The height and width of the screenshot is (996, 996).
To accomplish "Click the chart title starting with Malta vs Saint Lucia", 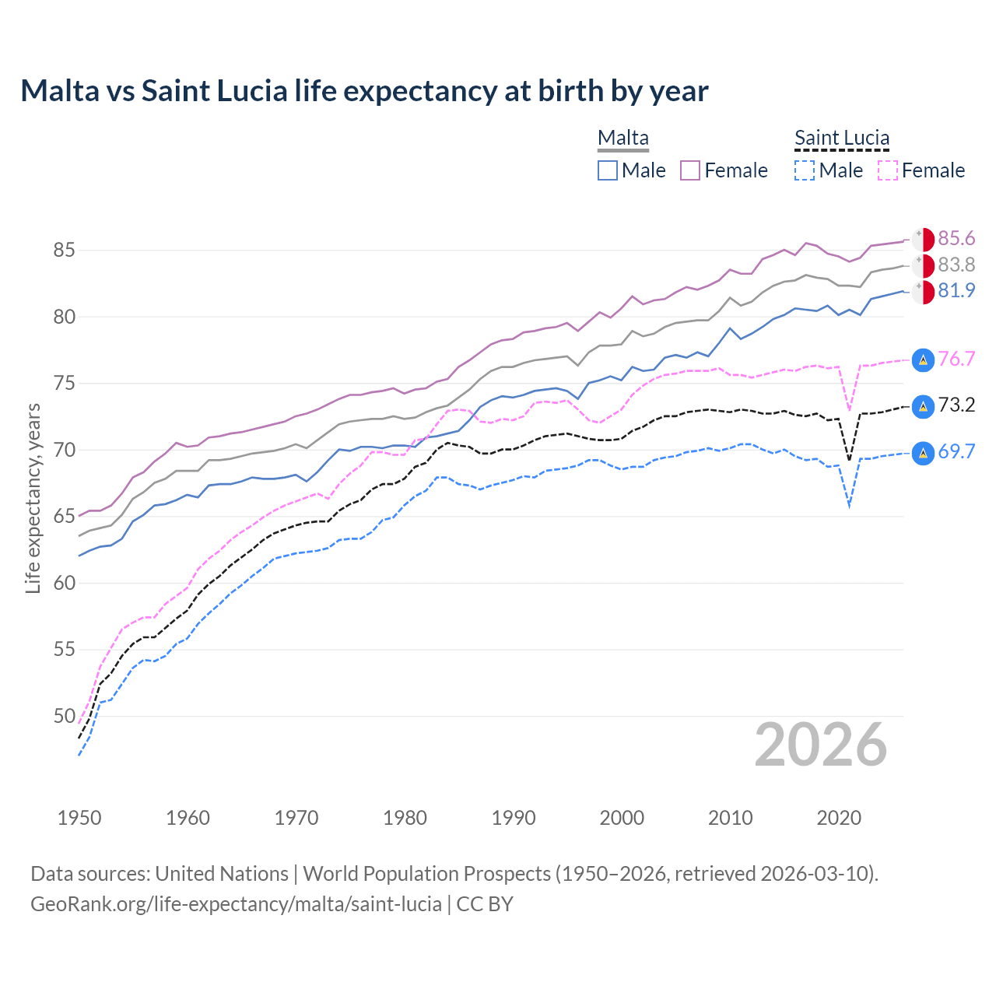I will tap(364, 91).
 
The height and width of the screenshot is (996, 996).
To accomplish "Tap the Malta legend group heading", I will tap(622, 138).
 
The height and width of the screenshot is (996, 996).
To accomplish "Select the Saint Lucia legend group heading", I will tap(841, 138).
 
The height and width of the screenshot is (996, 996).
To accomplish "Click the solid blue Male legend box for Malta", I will tap(608, 170).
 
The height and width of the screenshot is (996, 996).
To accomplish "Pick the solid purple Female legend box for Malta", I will tap(690, 170).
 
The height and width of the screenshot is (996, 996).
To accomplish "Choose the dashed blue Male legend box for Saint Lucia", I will tap(805, 170).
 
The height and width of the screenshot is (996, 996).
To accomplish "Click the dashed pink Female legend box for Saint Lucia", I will tap(888, 170).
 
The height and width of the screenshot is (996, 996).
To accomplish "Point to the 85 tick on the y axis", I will tap(64, 251).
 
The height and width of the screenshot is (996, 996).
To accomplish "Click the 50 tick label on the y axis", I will tap(64, 716).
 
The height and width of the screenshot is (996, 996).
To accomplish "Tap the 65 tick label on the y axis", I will tap(64, 517).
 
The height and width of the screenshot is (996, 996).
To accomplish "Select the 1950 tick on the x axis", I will tap(79, 818).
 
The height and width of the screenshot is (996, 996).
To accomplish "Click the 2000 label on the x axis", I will tap(622, 818).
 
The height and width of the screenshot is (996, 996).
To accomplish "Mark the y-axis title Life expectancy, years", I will tap(33, 498).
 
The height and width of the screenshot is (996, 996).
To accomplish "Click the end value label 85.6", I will tap(956, 238).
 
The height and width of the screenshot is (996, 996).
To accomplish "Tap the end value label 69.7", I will tap(956, 452).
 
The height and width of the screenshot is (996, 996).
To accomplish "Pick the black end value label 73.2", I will tap(956, 405).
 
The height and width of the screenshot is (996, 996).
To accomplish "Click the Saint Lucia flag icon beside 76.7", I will tap(923, 359).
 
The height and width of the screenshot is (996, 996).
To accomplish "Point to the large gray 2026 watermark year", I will tap(820, 745).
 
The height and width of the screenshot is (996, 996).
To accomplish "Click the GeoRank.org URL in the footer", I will tap(236, 904).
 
